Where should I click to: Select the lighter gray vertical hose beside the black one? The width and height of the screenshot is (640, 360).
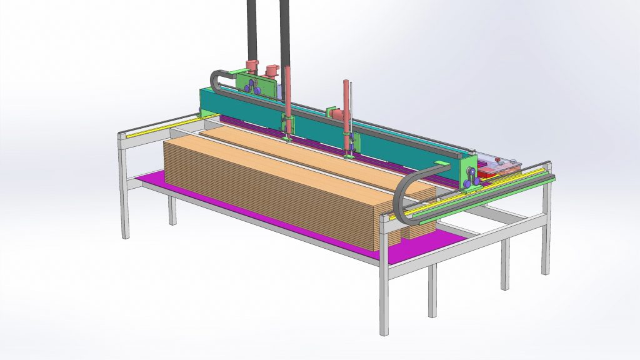285,31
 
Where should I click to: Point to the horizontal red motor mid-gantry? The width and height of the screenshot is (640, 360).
336,114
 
